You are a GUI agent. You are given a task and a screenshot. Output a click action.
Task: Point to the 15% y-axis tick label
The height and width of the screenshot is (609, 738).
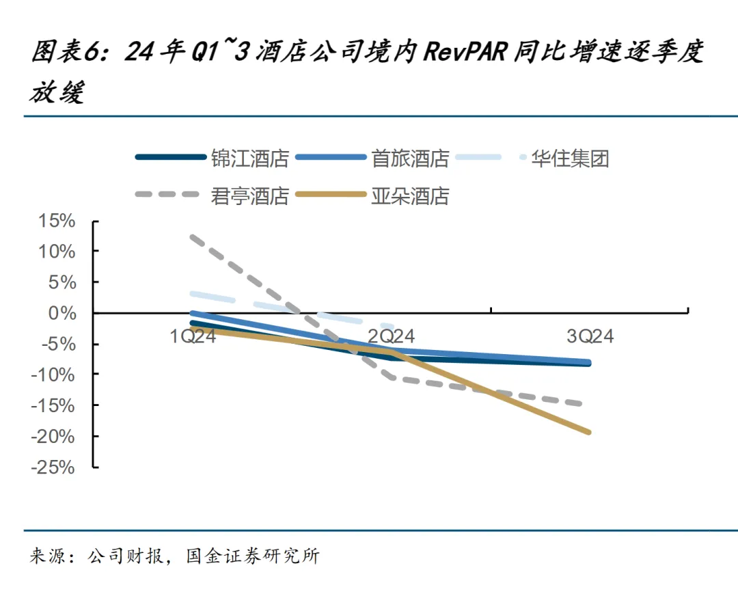point(55,221)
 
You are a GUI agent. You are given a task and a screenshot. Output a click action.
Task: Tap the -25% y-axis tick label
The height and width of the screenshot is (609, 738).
point(53,467)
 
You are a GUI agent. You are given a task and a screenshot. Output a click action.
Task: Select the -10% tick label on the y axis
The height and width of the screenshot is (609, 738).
point(53,375)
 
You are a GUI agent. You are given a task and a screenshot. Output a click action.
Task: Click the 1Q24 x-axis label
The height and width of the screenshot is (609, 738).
point(193,336)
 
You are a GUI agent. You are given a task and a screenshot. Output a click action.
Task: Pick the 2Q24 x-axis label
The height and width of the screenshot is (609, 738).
point(392,336)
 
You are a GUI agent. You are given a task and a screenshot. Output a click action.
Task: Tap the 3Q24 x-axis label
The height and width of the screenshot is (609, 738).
point(590,336)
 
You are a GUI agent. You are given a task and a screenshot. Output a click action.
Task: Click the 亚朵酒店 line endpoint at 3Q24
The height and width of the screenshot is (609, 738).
point(589,432)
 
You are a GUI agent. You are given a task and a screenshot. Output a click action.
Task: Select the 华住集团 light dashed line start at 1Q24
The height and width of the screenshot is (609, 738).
point(194,294)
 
